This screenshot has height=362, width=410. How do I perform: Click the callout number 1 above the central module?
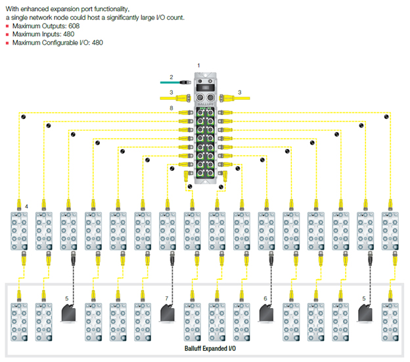(x=200, y=64)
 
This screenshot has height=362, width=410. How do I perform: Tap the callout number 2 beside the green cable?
(x=171, y=78)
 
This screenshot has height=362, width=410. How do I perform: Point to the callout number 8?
(x=171, y=107)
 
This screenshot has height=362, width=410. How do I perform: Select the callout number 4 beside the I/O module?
(x=26, y=207)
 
